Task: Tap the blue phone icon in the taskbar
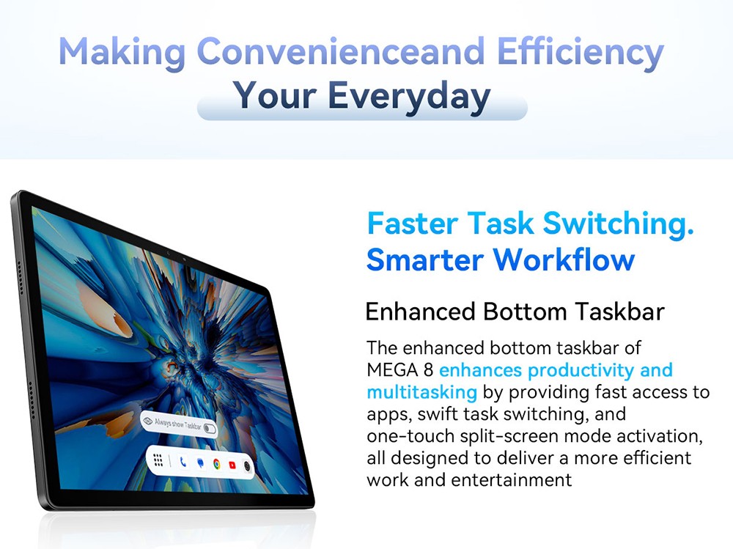point(183,462)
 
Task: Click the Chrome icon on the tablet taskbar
point(216,464)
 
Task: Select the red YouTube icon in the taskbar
point(232,465)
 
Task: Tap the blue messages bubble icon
point(200,463)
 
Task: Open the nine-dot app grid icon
point(158,460)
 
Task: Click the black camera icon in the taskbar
point(247,466)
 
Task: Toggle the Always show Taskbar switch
point(210,429)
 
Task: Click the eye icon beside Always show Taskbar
point(148,421)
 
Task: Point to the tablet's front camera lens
point(167,254)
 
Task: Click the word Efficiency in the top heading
point(580,52)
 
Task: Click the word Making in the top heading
point(122,52)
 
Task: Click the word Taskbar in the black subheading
point(619,312)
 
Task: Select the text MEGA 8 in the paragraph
point(400,370)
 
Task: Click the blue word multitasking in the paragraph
point(421,392)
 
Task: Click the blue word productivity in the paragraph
point(579,370)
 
